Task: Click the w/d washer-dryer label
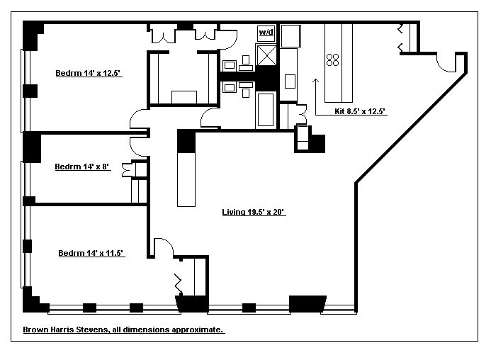click(x=266, y=32)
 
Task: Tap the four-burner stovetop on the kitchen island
click(x=332, y=60)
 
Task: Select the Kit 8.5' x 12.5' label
click(x=359, y=111)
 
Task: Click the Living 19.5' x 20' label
click(x=253, y=212)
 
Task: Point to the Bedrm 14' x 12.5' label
click(x=88, y=73)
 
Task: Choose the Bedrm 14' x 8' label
click(x=82, y=167)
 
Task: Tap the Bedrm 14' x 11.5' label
click(x=91, y=253)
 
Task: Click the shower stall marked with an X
click(x=266, y=55)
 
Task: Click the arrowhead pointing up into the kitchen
click(x=316, y=81)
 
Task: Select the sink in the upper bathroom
click(x=230, y=65)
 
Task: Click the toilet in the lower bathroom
click(x=246, y=89)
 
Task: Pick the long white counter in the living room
click(x=186, y=179)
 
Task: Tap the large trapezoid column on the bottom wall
click(x=307, y=304)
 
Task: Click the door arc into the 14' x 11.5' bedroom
click(x=165, y=245)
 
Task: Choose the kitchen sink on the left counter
click(x=290, y=81)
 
